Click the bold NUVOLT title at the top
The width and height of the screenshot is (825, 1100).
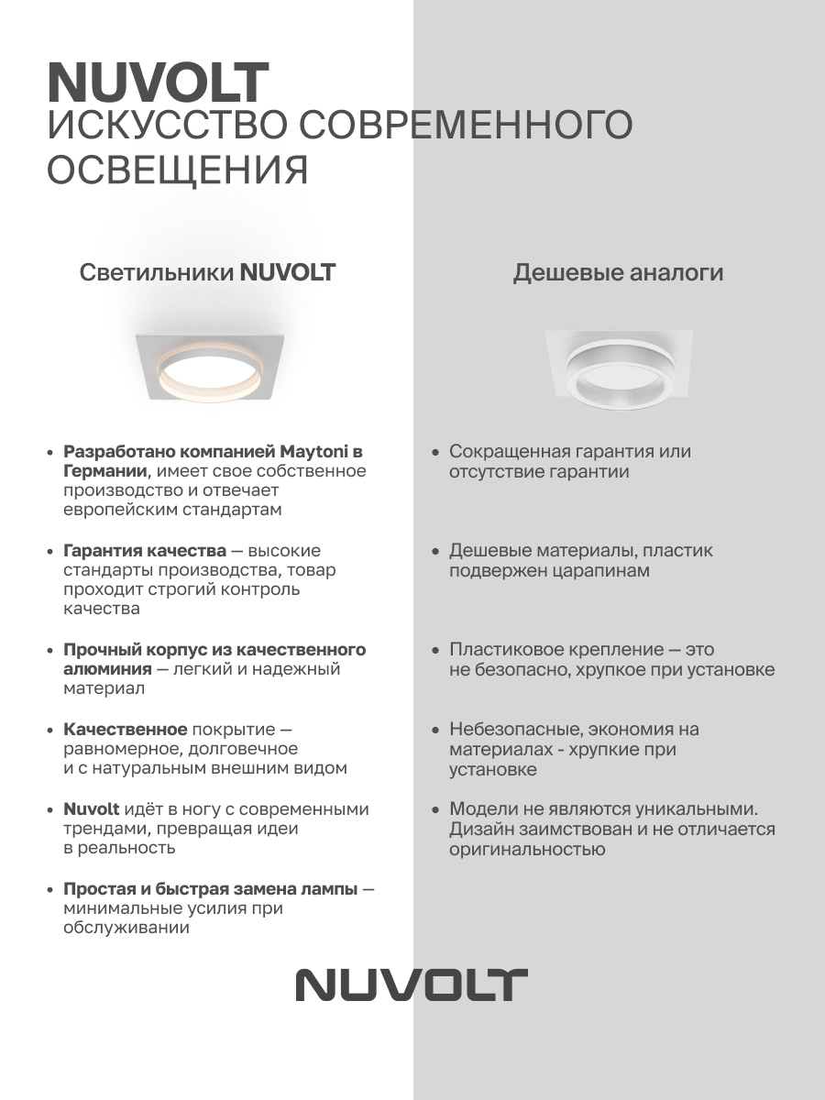point(158,84)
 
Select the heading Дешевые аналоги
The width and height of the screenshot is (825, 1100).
point(618,272)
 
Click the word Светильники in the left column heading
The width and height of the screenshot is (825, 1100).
point(156,272)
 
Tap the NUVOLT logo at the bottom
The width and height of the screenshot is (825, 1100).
point(412,984)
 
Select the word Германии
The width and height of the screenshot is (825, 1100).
point(104,471)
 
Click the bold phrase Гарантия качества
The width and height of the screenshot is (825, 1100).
point(145,551)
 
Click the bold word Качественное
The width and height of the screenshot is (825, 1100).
point(125,730)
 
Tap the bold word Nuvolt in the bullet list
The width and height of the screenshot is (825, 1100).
point(92,809)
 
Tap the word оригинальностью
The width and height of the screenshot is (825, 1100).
point(527,849)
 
